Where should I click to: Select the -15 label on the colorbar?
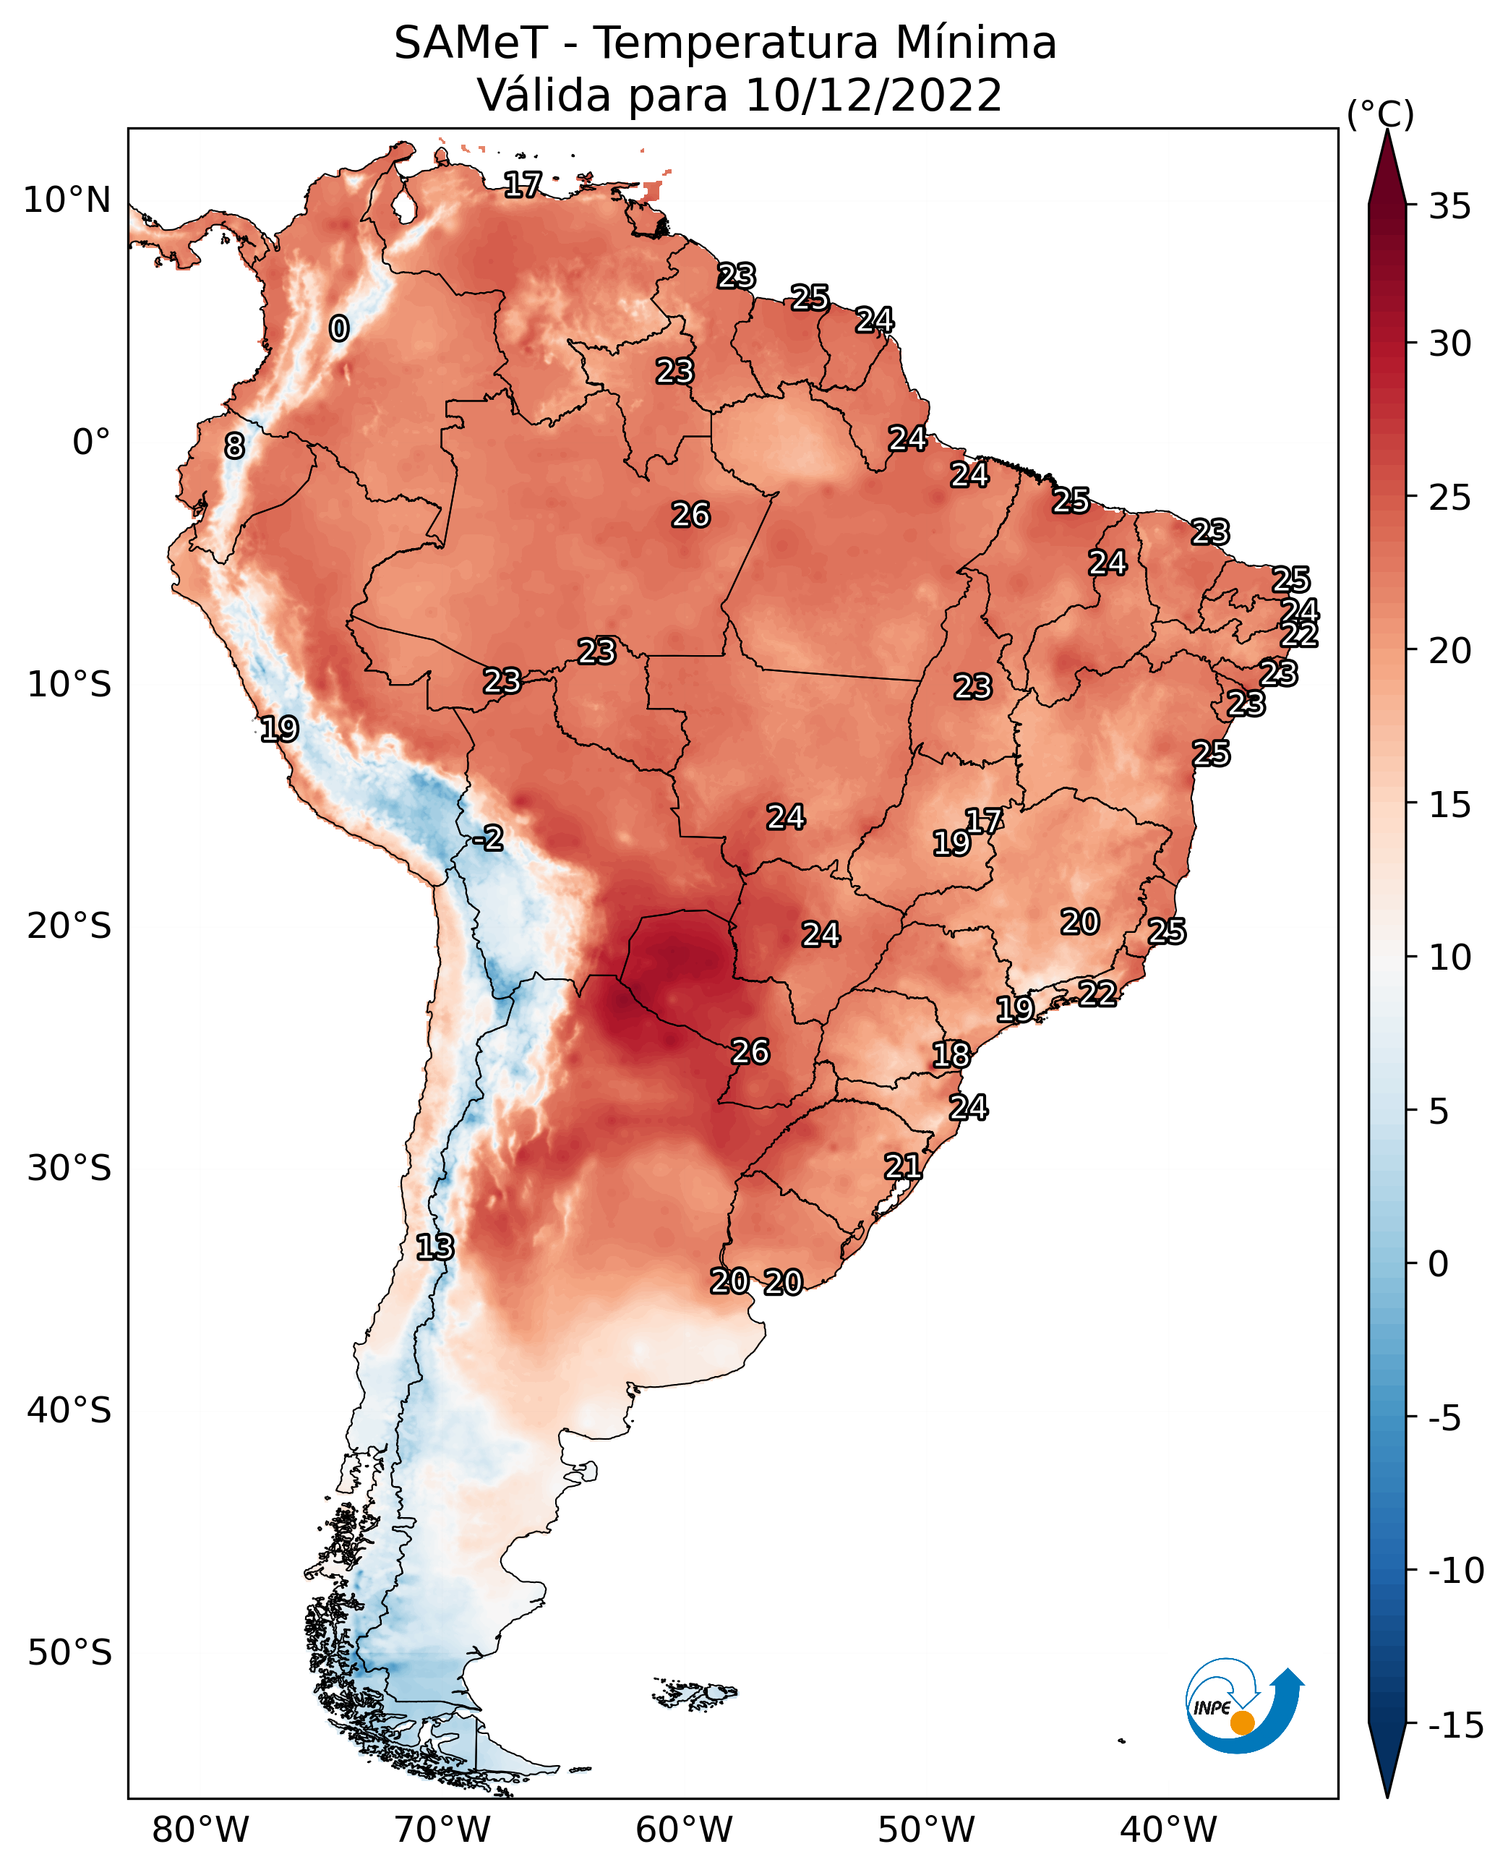(1456, 1725)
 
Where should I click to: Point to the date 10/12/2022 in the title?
(874, 95)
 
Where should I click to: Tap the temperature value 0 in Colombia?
(339, 328)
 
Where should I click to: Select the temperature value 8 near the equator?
(234, 445)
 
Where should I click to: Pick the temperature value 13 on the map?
(434, 1247)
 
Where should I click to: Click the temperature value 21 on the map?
(902, 1166)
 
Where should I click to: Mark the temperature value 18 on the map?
(951, 1055)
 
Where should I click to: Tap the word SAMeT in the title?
(471, 43)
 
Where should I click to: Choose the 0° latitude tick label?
(91, 443)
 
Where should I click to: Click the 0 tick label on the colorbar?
(1439, 1264)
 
